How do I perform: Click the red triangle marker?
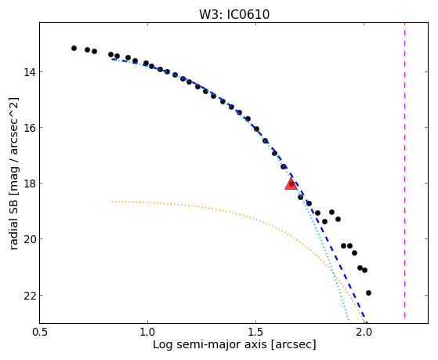pyautogui.click(x=291, y=184)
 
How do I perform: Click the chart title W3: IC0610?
pyautogui.click(x=234, y=15)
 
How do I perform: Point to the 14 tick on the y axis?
pyautogui.click(x=29, y=72)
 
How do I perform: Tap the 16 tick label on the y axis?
pyautogui.click(x=29, y=128)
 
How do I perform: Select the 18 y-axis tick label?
pyautogui.click(x=29, y=184)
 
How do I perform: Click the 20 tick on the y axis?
pyautogui.click(x=29, y=239)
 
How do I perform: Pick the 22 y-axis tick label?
pyautogui.click(x=29, y=296)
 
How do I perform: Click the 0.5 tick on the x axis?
pyautogui.click(x=39, y=333)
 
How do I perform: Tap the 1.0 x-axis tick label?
pyautogui.click(x=147, y=333)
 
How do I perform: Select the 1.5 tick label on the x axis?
pyautogui.click(x=255, y=333)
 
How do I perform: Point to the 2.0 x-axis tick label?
pyautogui.click(x=364, y=333)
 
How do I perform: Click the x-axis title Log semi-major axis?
pyautogui.click(x=209, y=344)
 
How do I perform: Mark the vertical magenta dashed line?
pyautogui.click(x=404, y=170)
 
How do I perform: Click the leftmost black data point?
pyautogui.click(x=74, y=48)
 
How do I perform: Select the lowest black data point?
pyautogui.click(x=368, y=293)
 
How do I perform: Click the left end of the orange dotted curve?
pyautogui.click(x=112, y=201)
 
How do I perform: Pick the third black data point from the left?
pyautogui.click(x=94, y=51)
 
